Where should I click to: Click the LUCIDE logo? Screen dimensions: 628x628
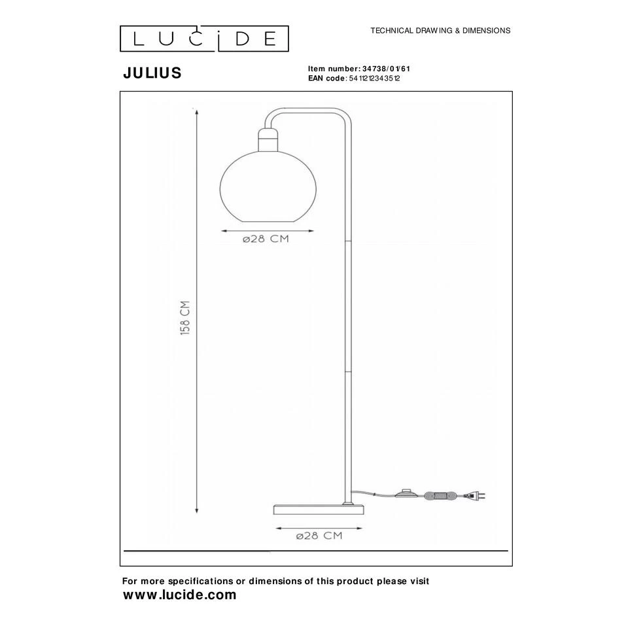(x=204, y=39)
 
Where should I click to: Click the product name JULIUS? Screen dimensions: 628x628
(x=152, y=73)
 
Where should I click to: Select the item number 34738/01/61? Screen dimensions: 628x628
(x=386, y=69)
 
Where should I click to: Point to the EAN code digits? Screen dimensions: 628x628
(x=374, y=78)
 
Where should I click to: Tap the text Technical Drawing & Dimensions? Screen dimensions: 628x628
(x=440, y=31)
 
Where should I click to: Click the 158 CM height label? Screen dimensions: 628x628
(x=185, y=318)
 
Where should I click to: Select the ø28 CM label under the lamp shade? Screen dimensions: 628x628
(x=266, y=239)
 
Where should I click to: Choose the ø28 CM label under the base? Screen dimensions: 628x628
(x=319, y=536)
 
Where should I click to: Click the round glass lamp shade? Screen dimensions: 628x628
(x=268, y=186)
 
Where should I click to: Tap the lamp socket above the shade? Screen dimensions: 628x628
(x=268, y=139)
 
